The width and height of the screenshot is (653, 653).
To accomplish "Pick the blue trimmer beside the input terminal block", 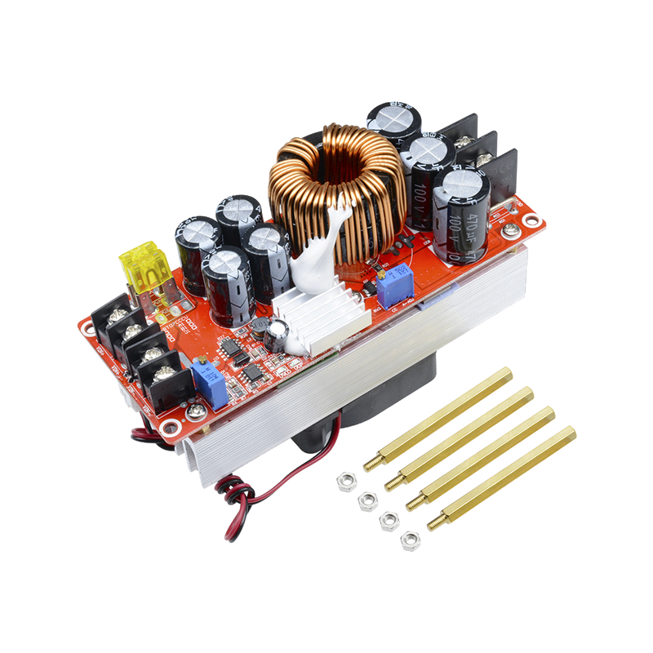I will (x=209, y=385).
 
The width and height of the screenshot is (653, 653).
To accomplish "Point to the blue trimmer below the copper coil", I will (x=395, y=285).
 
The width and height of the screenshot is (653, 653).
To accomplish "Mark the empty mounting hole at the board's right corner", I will (x=532, y=220).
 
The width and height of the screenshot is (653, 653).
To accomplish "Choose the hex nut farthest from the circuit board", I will (x=410, y=540).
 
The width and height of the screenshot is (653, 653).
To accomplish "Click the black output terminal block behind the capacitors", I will (x=482, y=155).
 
